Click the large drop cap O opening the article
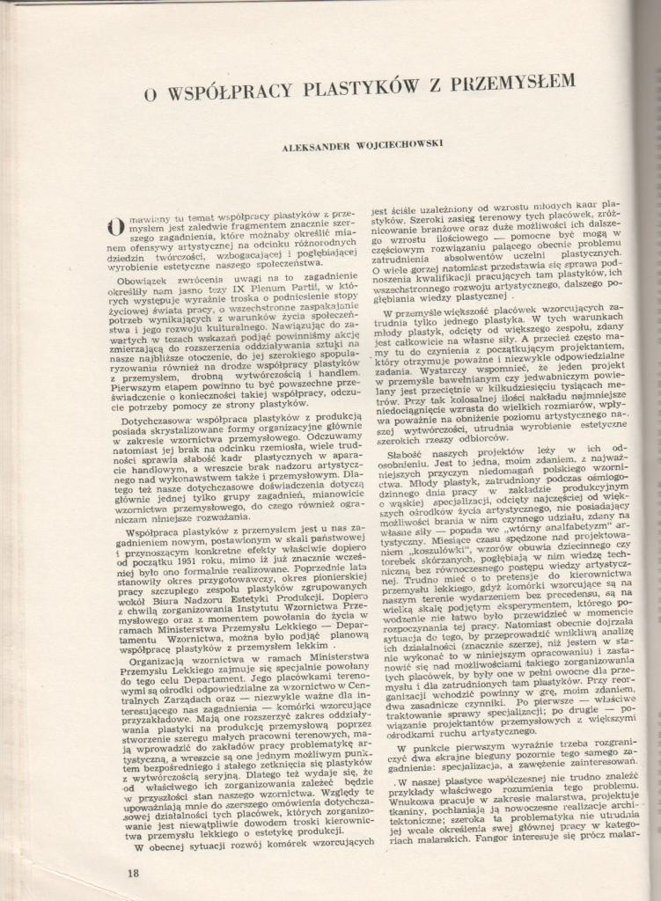[114, 226]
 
